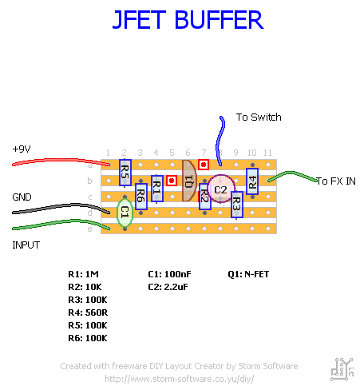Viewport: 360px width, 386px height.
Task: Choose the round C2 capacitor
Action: pos(220,190)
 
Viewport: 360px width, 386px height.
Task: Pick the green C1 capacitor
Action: pos(124,213)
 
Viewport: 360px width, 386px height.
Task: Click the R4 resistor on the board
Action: pos(252,181)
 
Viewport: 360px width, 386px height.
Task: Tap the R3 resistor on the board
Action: pos(236,205)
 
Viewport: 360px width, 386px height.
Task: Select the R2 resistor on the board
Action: pos(205,195)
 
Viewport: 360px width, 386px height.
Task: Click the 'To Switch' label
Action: pos(258,117)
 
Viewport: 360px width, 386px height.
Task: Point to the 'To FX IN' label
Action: pos(335,181)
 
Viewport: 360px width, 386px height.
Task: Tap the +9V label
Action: pos(22,149)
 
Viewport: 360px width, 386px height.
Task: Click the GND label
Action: pos(22,197)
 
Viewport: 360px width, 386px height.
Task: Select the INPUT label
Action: pos(26,245)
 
